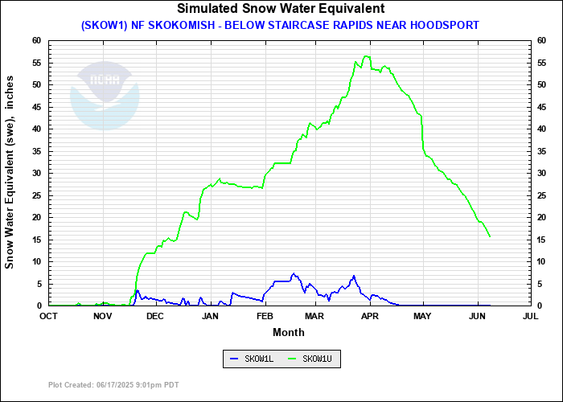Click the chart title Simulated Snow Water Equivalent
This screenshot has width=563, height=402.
click(281, 9)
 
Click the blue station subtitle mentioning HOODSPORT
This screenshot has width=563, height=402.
click(280, 25)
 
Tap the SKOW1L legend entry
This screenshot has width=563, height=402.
click(252, 359)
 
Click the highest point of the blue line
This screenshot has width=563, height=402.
click(294, 274)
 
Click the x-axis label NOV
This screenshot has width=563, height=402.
click(102, 316)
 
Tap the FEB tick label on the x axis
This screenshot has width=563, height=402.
click(265, 316)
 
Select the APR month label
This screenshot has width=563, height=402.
click(371, 316)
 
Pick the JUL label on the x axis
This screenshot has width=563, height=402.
click(530, 316)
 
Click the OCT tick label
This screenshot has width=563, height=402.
click(48, 316)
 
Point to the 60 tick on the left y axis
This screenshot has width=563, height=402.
click(36, 40)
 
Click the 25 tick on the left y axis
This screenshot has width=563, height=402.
click(36, 195)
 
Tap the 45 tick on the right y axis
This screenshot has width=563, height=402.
click(542, 107)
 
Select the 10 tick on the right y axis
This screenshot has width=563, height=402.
click(542, 261)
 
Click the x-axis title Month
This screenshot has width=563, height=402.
click(289, 332)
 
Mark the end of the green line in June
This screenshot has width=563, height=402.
click(490, 236)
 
